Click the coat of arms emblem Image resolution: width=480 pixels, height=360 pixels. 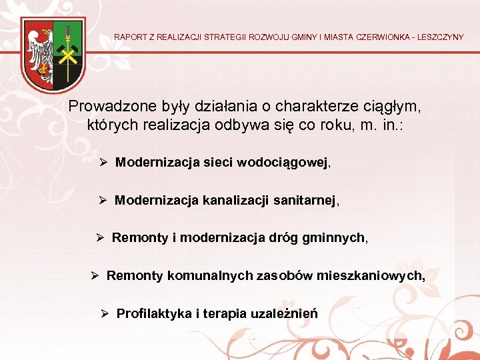pyautogui.click(x=53, y=55)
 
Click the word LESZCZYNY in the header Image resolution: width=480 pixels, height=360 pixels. pyautogui.click(x=437, y=37)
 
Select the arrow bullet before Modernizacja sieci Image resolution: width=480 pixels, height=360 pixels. pyautogui.click(x=103, y=162)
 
